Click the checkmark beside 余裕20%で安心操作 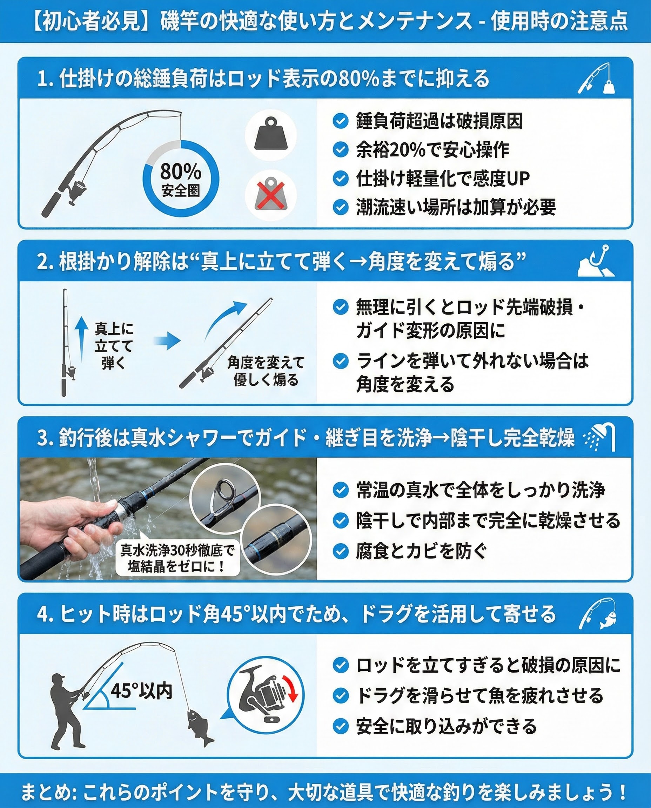click(341, 150)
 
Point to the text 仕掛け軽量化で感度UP click(443, 179)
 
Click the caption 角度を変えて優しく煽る click(266, 371)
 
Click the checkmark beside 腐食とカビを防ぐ click(341, 552)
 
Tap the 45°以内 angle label click(141, 691)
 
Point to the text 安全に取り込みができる click(446, 726)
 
